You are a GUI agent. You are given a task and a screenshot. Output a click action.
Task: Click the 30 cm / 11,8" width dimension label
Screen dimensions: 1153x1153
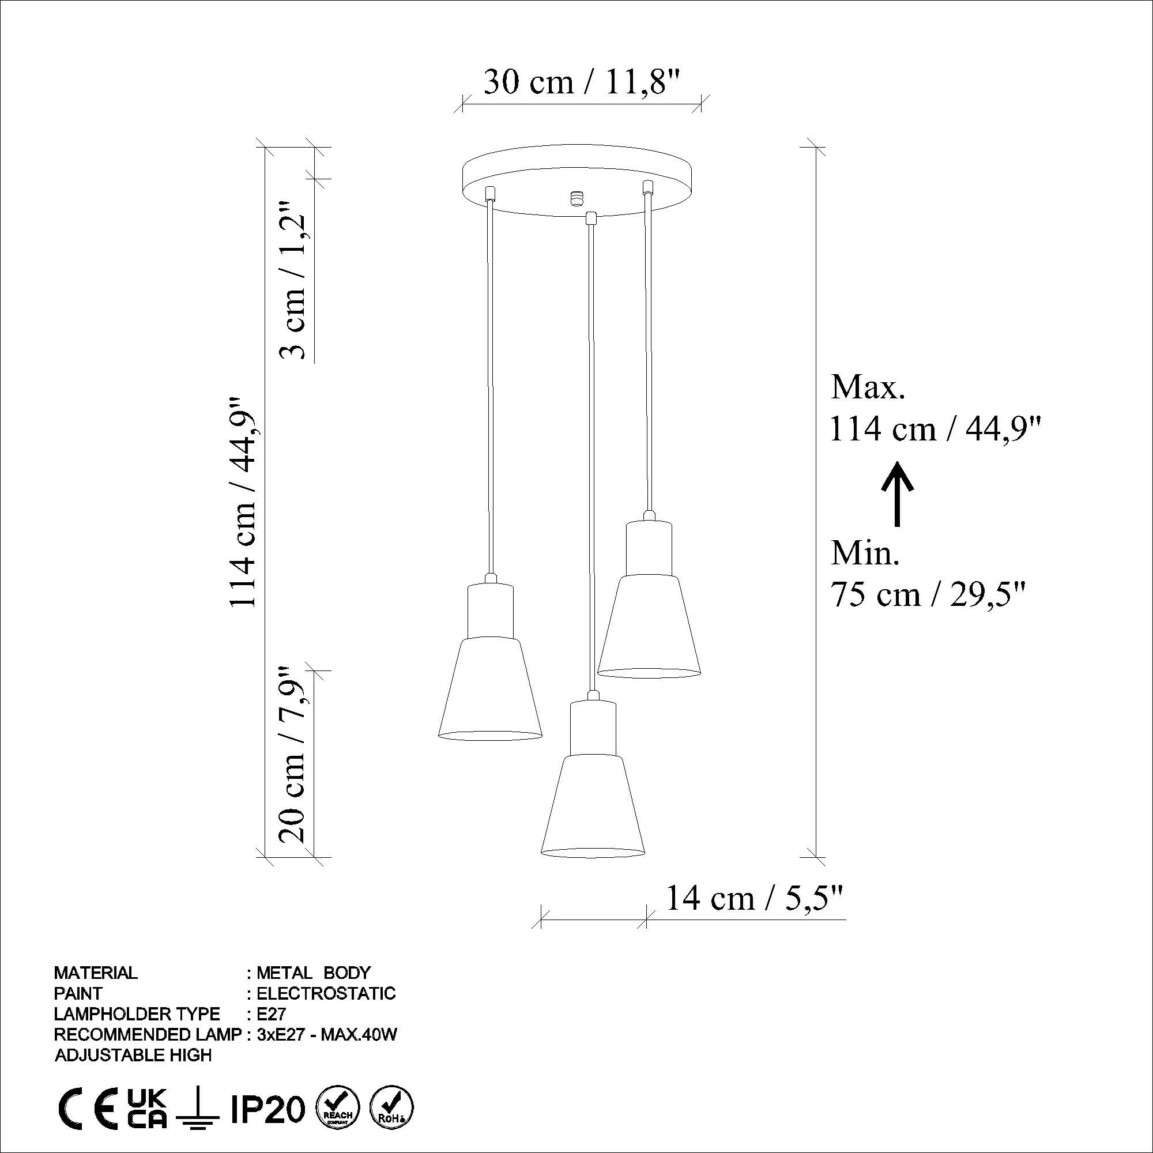(x=582, y=82)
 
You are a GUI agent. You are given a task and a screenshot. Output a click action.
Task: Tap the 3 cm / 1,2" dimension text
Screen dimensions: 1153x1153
(x=295, y=280)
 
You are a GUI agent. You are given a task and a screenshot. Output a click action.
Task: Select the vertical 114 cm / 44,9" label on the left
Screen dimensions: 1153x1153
(x=243, y=502)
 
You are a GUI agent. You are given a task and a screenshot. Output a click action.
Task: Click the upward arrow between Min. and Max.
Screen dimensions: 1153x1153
(x=896, y=493)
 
